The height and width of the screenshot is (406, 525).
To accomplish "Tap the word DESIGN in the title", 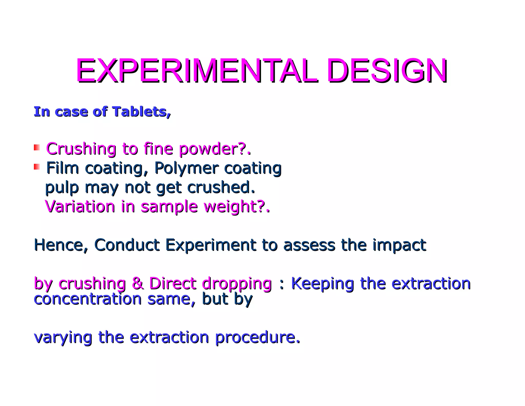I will [387, 71].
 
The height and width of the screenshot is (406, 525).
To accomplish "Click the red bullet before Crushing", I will [37, 148].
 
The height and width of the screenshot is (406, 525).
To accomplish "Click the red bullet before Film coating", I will [37, 167].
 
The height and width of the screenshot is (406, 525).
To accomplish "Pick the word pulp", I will [62, 188].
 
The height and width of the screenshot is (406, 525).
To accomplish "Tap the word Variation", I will [80, 207].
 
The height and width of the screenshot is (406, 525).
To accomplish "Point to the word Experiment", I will [210, 245].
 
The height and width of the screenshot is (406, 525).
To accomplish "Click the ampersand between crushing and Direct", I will [138, 284].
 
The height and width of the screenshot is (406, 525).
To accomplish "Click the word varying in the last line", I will [63, 338].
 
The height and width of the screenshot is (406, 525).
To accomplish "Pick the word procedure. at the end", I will [257, 338].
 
